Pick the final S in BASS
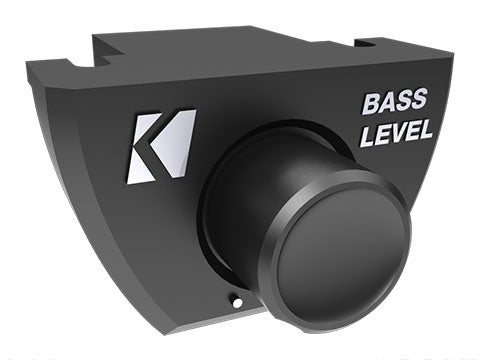[x=420, y=101]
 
